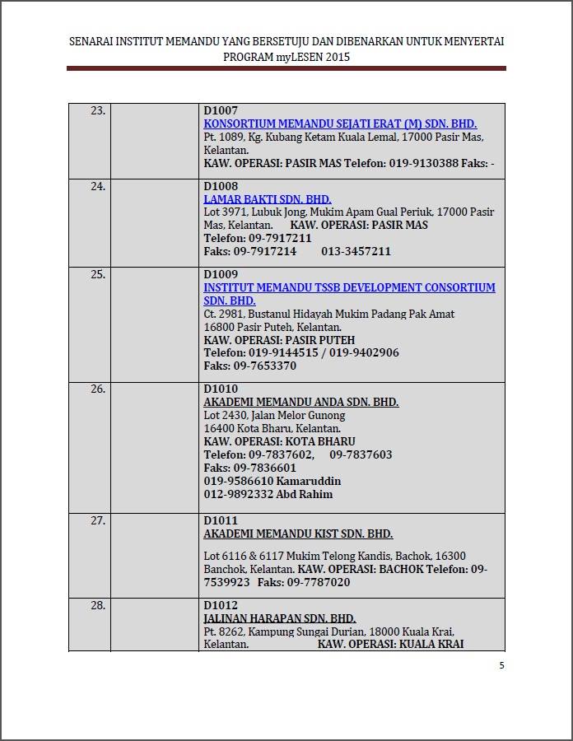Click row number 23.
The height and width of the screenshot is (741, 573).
pyautogui.click(x=98, y=110)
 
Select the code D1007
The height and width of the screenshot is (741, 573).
pyautogui.click(x=221, y=110)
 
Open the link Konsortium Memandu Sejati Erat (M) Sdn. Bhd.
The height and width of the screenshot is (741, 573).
pyautogui.click(x=340, y=123)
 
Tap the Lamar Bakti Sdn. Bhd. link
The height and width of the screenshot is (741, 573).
pyautogui.click(x=268, y=199)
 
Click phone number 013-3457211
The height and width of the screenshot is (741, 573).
pyautogui.click(x=356, y=251)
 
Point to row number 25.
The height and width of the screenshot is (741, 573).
pyautogui.click(x=98, y=274)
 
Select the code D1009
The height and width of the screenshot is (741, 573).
pyautogui.click(x=221, y=274)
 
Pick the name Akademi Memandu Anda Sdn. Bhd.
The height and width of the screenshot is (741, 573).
pyautogui.click(x=300, y=402)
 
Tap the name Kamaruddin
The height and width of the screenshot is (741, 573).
pyautogui.click(x=309, y=481)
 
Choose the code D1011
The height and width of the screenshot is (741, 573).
pyautogui.click(x=221, y=520)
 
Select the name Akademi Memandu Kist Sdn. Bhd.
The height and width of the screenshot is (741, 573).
pyautogui.click(x=298, y=534)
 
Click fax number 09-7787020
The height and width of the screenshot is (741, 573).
pyautogui.click(x=319, y=582)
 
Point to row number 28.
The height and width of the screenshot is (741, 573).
pyautogui.click(x=98, y=605)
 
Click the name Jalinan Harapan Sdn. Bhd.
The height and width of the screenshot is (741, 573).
pyautogui.click(x=280, y=618)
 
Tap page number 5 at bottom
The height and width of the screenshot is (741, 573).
pyautogui.click(x=501, y=665)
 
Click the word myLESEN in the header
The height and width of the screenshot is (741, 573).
pyautogui.click(x=296, y=58)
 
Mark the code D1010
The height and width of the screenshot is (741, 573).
pyautogui.click(x=221, y=389)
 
